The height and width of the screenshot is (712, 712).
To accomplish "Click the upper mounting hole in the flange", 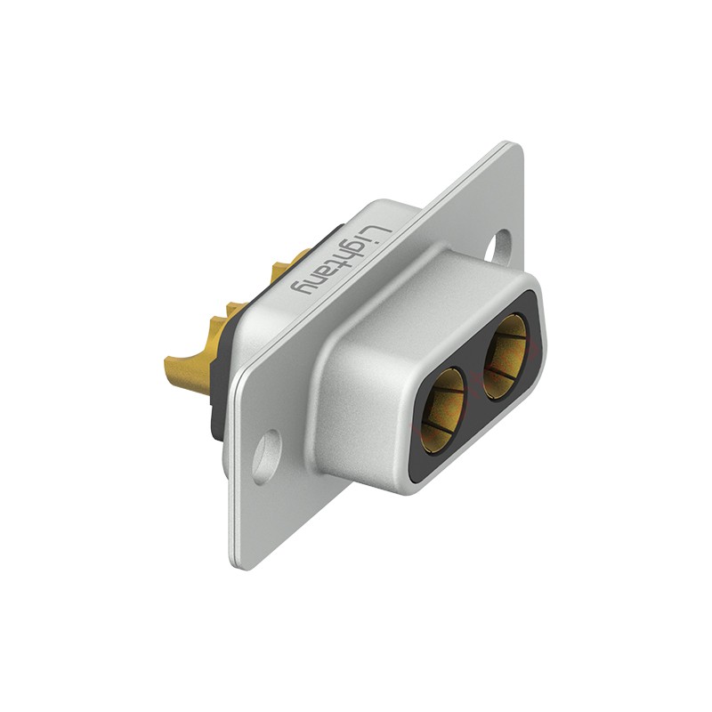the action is point(498,246).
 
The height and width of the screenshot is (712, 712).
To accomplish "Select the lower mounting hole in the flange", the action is point(267,457).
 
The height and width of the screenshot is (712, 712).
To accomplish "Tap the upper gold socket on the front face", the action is point(505,357).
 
